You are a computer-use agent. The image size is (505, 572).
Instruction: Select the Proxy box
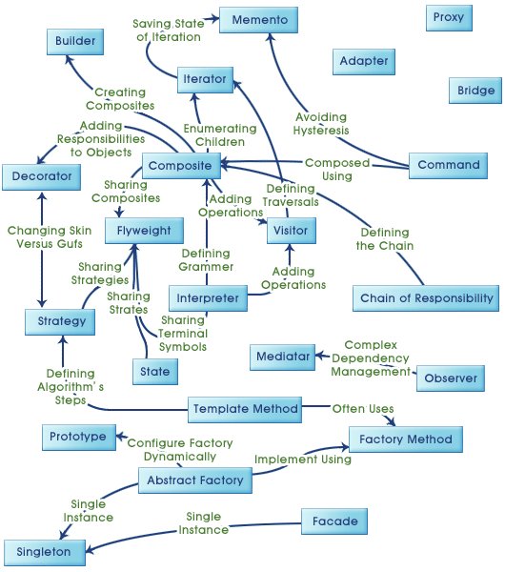[449, 17]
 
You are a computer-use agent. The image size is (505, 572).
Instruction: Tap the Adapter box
[363, 62]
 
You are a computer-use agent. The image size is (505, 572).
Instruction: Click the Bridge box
[475, 90]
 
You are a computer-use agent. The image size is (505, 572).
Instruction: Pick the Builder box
[75, 42]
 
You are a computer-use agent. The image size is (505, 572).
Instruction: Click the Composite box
[182, 164]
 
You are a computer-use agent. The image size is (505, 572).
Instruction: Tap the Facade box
[333, 521]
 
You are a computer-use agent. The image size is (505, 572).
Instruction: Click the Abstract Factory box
[195, 480]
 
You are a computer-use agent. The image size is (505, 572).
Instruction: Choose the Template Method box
[245, 409]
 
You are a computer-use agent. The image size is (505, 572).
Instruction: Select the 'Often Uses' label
[362, 409]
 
